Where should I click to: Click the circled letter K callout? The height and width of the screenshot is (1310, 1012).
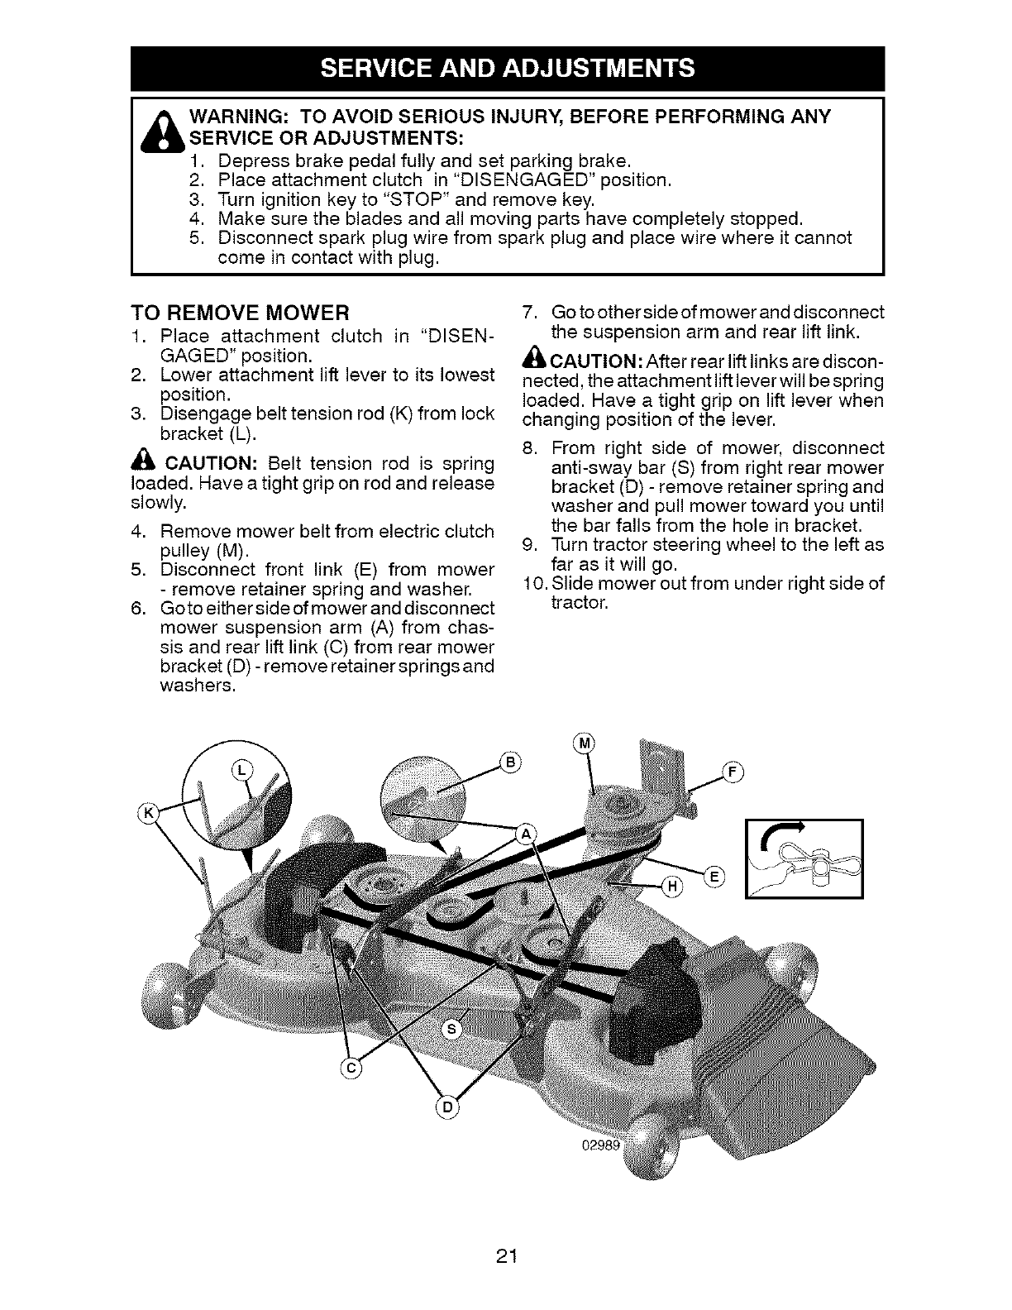[x=150, y=813]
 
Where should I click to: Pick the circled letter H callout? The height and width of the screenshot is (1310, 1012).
[x=672, y=887]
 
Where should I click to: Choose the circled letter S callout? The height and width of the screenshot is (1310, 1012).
[x=451, y=1029]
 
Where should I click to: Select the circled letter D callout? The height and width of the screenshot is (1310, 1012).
[x=446, y=1107]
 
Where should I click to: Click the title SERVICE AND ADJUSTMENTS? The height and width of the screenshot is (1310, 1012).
[x=506, y=69]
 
